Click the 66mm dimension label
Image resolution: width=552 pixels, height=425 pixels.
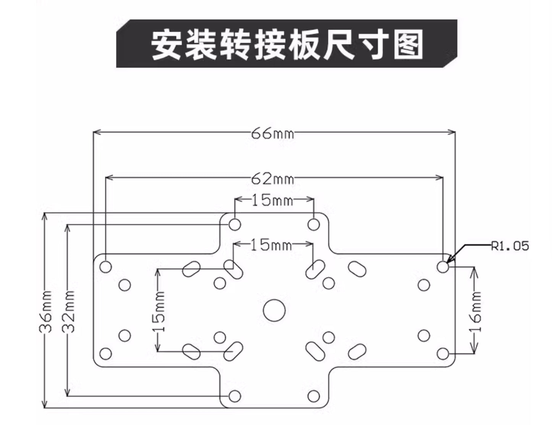(273, 133)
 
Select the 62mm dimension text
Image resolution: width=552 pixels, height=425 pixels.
(273, 178)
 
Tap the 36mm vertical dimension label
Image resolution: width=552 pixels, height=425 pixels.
(46, 312)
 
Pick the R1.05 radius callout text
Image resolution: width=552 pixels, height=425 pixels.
(510, 246)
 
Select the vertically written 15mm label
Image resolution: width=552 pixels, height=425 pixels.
(159, 312)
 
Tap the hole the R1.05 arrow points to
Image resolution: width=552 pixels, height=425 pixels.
(443, 267)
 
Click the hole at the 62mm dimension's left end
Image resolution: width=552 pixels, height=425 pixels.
(106, 266)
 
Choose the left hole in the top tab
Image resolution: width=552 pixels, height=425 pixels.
(235, 224)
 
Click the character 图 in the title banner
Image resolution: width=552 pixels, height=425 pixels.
(408, 44)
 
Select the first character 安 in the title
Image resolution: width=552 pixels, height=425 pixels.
(166, 44)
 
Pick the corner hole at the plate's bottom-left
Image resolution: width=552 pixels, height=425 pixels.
(106, 354)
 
